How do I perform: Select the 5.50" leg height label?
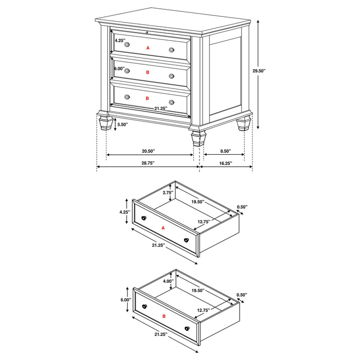click(122, 124)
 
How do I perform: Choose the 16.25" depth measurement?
click(224, 163)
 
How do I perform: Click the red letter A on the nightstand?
click(148, 48)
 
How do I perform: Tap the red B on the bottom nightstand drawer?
click(148, 98)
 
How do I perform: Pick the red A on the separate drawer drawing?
click(163, 228)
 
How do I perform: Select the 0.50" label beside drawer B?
click(242, 295)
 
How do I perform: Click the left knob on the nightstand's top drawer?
click(127, 45)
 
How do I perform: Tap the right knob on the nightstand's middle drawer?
click(171, 75)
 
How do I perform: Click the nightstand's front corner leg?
click(196, 137)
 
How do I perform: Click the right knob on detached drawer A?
click(186, 240)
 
